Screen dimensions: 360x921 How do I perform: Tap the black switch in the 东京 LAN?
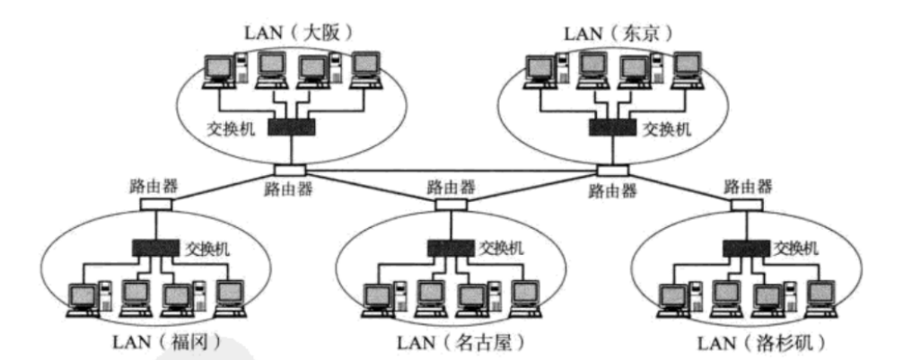[x=612, y=127]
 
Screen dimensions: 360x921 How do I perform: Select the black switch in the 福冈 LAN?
[x=155, y=245]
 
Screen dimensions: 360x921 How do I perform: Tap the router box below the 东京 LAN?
[x=613, y=170]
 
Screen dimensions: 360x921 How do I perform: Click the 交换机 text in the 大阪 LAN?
[x=232, y=129]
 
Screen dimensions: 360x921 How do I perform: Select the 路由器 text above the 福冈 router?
[x=152, y=187]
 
